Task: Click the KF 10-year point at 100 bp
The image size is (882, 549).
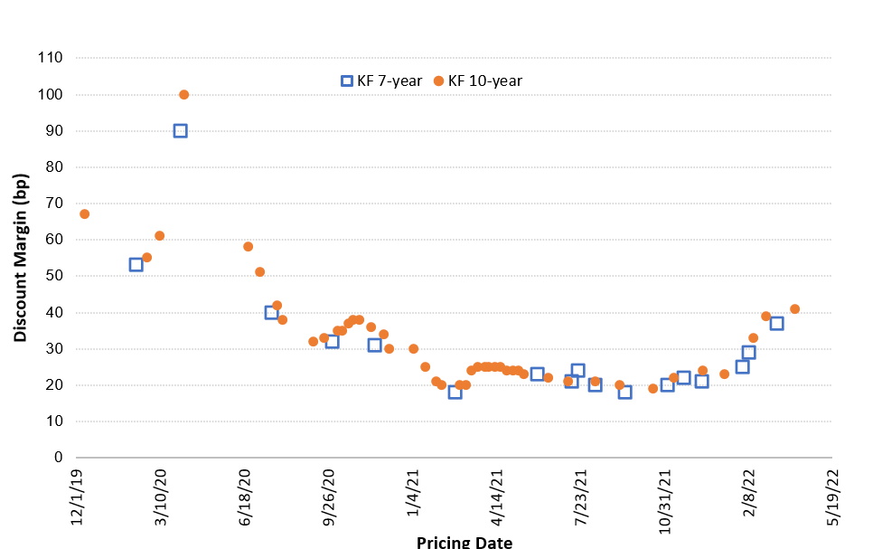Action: pyautogui.click(x=183, y=95)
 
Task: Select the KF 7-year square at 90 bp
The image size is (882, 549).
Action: pyautogui.click(x=180, y=131)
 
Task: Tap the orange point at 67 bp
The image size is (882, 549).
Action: pyautogui.click(x=84, y=214)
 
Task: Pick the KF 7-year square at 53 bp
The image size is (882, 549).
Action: pyautogui.click(x=136, y=265)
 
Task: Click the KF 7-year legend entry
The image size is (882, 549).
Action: pyautogui.click(x=380, y=80)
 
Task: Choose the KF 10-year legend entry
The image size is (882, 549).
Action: pyautogui.click(x=478, y=80)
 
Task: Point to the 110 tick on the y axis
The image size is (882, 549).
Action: pyautogui.click(x=50, y=58)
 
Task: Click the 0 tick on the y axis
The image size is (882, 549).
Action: pyautogui.click(x=57, y=458)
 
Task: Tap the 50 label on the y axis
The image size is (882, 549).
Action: pyautogui.click(x=53, y=276)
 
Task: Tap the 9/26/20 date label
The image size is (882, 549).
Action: pyautogui.click(x=328, y=499)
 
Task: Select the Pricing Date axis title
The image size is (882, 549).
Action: pyautogui.click(x=464, y=542)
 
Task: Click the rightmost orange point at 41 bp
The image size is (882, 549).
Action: pyautogui.click(x=795, y=309)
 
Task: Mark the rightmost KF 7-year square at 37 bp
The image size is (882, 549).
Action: pyautogui.click(x=776, y=324)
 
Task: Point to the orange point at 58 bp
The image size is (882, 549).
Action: pyautogui.click(x=248, y=247)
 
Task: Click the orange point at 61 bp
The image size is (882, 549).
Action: pyautogui.click(x=159, y=236)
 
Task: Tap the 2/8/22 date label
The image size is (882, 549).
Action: pyautogui.click(x=749, y=496)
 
